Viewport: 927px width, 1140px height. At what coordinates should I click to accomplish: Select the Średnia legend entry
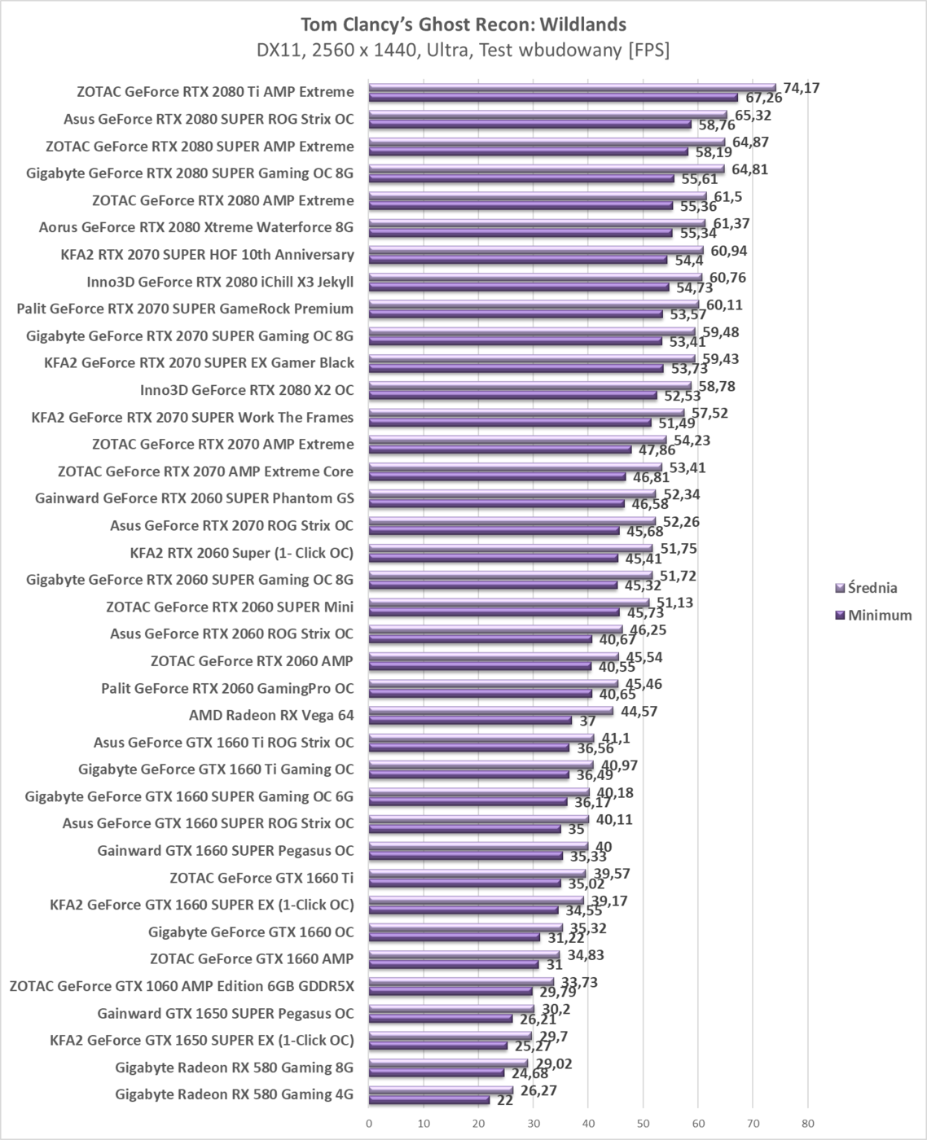click(872, 588)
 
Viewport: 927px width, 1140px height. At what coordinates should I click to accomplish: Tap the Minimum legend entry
click(879, 616)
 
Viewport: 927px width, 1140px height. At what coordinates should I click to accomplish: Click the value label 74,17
click(801, 88)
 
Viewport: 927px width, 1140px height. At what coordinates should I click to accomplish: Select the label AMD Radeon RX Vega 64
click(271, 716)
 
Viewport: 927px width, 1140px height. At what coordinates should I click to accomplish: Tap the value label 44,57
click(639, 712)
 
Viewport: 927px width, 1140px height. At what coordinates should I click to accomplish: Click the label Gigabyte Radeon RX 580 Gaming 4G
click(235, 1094)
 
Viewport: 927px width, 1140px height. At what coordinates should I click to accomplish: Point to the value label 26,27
click(538, 1090)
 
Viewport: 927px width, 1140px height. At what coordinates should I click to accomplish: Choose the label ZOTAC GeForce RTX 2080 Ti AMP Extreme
click(215, 92)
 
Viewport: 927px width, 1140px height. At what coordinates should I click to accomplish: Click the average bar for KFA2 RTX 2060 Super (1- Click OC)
click(511, 550)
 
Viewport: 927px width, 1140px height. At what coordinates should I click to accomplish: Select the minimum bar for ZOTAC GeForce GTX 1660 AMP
click(454, 964)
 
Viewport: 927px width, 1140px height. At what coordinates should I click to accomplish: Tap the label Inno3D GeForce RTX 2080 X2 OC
click(247, 390)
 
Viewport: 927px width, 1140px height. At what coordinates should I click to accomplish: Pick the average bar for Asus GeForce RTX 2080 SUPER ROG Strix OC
click(547, 116)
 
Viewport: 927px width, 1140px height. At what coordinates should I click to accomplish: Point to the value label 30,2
click(556, 1010)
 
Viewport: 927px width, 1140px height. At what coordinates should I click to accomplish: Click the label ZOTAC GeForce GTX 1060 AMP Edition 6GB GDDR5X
click(182, 986)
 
